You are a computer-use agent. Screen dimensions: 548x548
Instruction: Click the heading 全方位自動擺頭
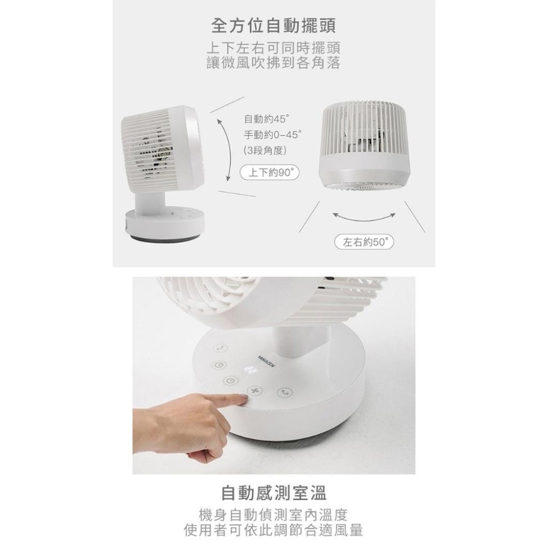(273, 25)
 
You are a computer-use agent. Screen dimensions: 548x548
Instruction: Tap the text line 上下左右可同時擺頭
(273, 48)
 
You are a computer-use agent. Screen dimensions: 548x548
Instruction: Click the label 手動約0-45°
(273, 134)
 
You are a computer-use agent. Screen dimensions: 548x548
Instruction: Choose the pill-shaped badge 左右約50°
(364, 242)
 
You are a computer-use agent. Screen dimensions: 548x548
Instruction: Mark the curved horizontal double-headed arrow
(364, 217)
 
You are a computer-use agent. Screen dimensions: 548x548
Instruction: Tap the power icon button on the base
(231, 380)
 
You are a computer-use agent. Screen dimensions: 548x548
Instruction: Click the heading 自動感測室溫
(273, 493)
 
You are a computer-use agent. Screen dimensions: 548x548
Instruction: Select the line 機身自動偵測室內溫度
(273, 515)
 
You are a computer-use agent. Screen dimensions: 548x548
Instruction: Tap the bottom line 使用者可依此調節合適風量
(273, 530)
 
